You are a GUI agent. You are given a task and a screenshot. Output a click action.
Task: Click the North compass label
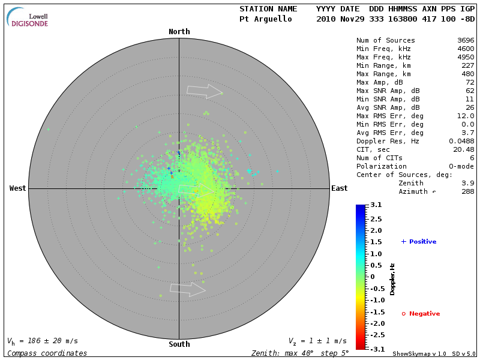coord(179,32)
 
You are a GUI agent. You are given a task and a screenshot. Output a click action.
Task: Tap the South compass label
coord(179,344)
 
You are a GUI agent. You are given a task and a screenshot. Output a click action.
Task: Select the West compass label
coord(17,188)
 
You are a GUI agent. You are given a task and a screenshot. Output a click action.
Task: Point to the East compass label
coord(340,188)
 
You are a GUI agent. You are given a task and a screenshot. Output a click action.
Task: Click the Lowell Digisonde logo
coord(28,17)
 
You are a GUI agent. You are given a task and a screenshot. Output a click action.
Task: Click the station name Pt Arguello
coord(266,19)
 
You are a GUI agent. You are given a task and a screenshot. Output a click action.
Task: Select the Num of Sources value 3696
coord(466,40)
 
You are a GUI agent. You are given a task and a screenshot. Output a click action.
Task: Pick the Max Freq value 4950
coord(466,57)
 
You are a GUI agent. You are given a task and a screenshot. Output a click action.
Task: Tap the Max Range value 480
coord(468,74)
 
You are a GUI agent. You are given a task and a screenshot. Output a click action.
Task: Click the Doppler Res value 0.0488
coord(462,141)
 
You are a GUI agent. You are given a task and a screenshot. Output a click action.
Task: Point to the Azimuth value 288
coord(468,191)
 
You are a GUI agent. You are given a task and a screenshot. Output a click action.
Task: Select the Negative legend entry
coord(421,314)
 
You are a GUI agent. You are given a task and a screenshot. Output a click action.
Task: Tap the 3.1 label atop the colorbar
coord(376,205)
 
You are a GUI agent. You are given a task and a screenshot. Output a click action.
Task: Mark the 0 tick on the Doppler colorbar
coord(372,277)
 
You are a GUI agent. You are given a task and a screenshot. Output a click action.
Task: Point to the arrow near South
coord(188,289)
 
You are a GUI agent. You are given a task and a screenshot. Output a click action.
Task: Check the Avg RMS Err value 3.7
coord(468,133)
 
